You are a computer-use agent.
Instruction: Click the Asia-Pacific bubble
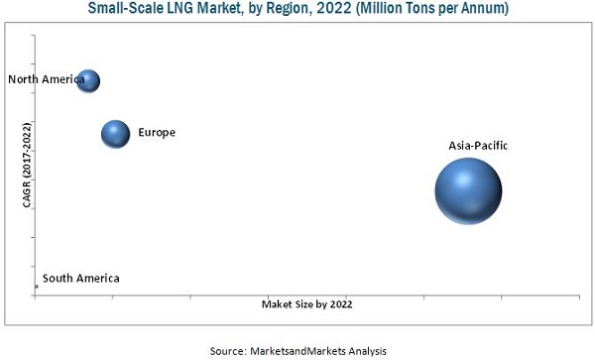468,191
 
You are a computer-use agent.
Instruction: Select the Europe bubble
116,133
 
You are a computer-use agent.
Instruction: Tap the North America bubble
88,80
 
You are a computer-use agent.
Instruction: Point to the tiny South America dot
36,287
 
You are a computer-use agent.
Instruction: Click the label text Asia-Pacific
478,146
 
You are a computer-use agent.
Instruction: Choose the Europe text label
157,132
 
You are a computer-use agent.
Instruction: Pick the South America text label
81,279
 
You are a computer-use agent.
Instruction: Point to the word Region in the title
275,10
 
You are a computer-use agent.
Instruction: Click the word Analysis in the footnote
365,350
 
